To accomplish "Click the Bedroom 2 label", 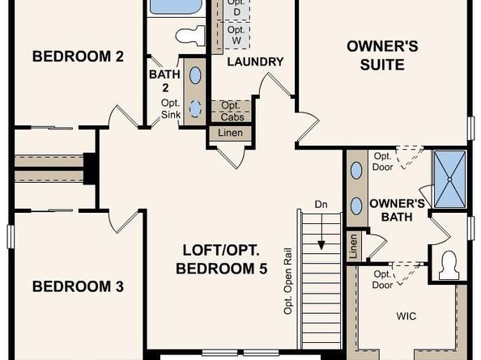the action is pos(78,57).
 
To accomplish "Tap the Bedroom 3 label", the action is pos(78,286).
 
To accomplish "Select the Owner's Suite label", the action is pos(382,56).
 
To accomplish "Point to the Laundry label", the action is pos(255,62).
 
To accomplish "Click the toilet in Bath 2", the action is pos(190,36).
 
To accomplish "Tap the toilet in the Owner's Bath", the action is pos(449,265).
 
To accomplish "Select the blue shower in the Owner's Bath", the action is pos(449,180).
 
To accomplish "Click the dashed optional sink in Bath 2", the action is pos(195,108).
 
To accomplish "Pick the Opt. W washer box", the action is pos(236,35).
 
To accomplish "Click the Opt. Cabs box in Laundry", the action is pos(231,111).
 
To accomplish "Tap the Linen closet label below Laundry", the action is pos(230,133).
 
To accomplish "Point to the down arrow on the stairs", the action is pos(321,232).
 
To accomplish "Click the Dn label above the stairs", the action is pos(321,205).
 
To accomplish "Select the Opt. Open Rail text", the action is pos(288,281).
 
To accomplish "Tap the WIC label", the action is pos(407,316).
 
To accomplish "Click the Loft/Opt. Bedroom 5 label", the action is pos(222,259).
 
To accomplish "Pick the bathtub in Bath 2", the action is pos(173,6).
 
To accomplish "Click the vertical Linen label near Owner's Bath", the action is pos(353,246).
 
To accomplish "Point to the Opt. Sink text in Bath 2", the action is pos(171,108).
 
